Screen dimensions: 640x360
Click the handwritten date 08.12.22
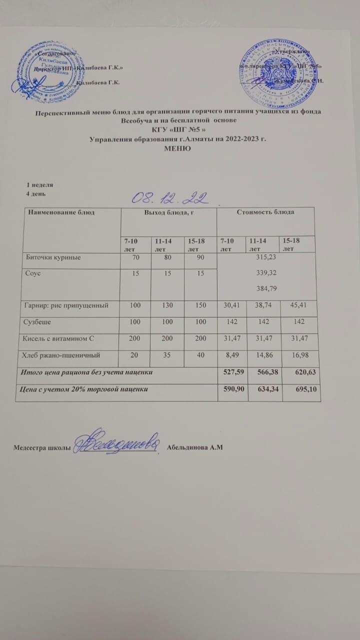(x=170, y=198)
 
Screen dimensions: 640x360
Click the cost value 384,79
(x=265, y=288)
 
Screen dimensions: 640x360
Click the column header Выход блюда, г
(x=168, y=212)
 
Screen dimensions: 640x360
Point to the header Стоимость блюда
(x=265, y=212)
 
